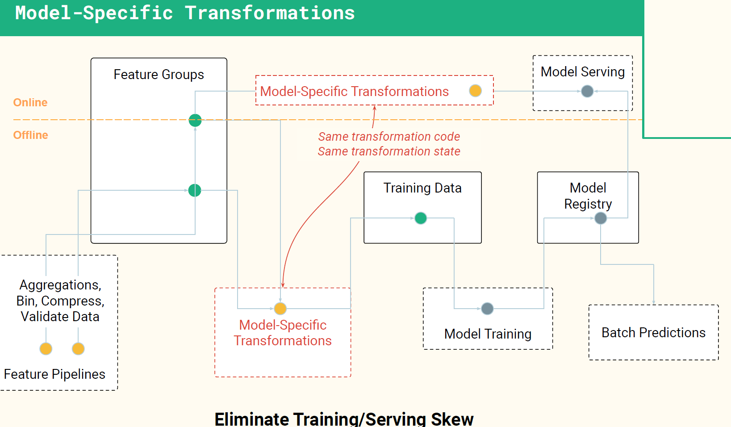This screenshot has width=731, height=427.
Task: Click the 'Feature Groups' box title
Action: [x=159, y=75]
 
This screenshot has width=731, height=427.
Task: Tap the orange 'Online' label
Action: [x=30, y=102]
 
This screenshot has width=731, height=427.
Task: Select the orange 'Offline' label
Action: [x=31, y=135]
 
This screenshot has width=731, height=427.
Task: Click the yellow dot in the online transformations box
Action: [x=475, y=91]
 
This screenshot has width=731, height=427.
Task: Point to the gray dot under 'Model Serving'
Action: [x=587, y=91]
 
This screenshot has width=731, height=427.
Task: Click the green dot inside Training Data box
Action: [x=421, y=218]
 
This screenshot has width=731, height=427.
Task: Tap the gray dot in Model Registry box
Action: [x=601, y=218]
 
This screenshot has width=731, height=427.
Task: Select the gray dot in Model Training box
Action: [x=487, y=309]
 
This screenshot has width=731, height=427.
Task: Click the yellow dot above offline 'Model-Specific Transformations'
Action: [x=280, y=309]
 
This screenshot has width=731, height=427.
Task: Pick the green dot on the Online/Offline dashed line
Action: [x=195, y=120]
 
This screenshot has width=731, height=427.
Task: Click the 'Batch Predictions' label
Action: [x=653, y=333]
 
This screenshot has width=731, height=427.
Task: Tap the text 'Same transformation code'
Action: [x=389, y=137]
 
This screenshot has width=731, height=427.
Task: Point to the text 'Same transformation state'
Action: [x=389, y=151]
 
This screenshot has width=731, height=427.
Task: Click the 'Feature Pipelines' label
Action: [x=54, y=374]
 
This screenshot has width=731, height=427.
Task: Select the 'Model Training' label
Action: [x=488, y=334]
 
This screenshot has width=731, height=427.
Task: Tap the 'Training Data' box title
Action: [x=422, y=188]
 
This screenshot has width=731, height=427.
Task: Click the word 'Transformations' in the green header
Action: [x=270, y=13]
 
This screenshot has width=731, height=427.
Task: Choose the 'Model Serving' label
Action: [x=582, y=72]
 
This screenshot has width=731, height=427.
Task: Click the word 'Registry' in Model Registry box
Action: [x=588, y=205]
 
